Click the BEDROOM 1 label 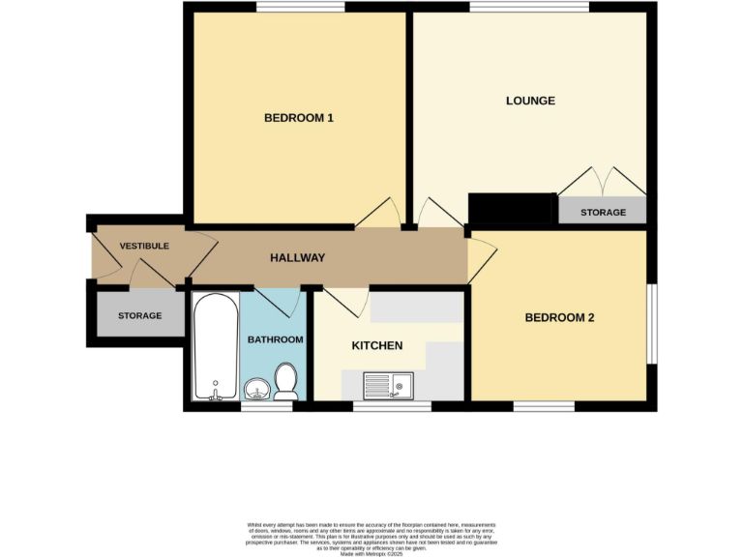click(299, 118)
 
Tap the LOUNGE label click(530, 101)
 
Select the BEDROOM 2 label click(559, 317)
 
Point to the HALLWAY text click(297, 258)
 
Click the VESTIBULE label click(144, 246)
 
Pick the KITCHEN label click(376, 345)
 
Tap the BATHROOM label click(276, 339)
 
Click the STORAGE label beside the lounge click(603, 212)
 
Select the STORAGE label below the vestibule click(140, 316)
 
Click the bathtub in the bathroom click(213, 348)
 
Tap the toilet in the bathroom click(286, 381)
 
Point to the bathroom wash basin click(256, 390)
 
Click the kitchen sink click(386, 387)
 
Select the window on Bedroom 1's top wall click(301, 8)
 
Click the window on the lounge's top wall click(529, 8)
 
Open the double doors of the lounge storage click(603, 184)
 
